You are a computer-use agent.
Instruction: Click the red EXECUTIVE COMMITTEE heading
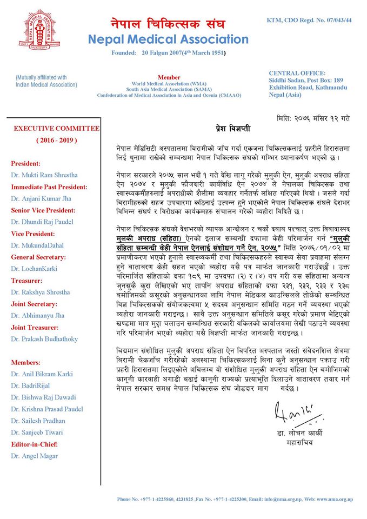click(x=56, y=129)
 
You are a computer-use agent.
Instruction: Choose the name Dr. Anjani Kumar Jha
click(x=41, y=198)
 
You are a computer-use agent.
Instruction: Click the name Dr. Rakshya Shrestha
click(x=40, y=292)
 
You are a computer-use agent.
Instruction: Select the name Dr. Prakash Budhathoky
click(x=44, y=339)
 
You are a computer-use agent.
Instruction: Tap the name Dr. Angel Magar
click(x=34, y=456)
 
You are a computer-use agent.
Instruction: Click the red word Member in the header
click(x=169, y=78)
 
